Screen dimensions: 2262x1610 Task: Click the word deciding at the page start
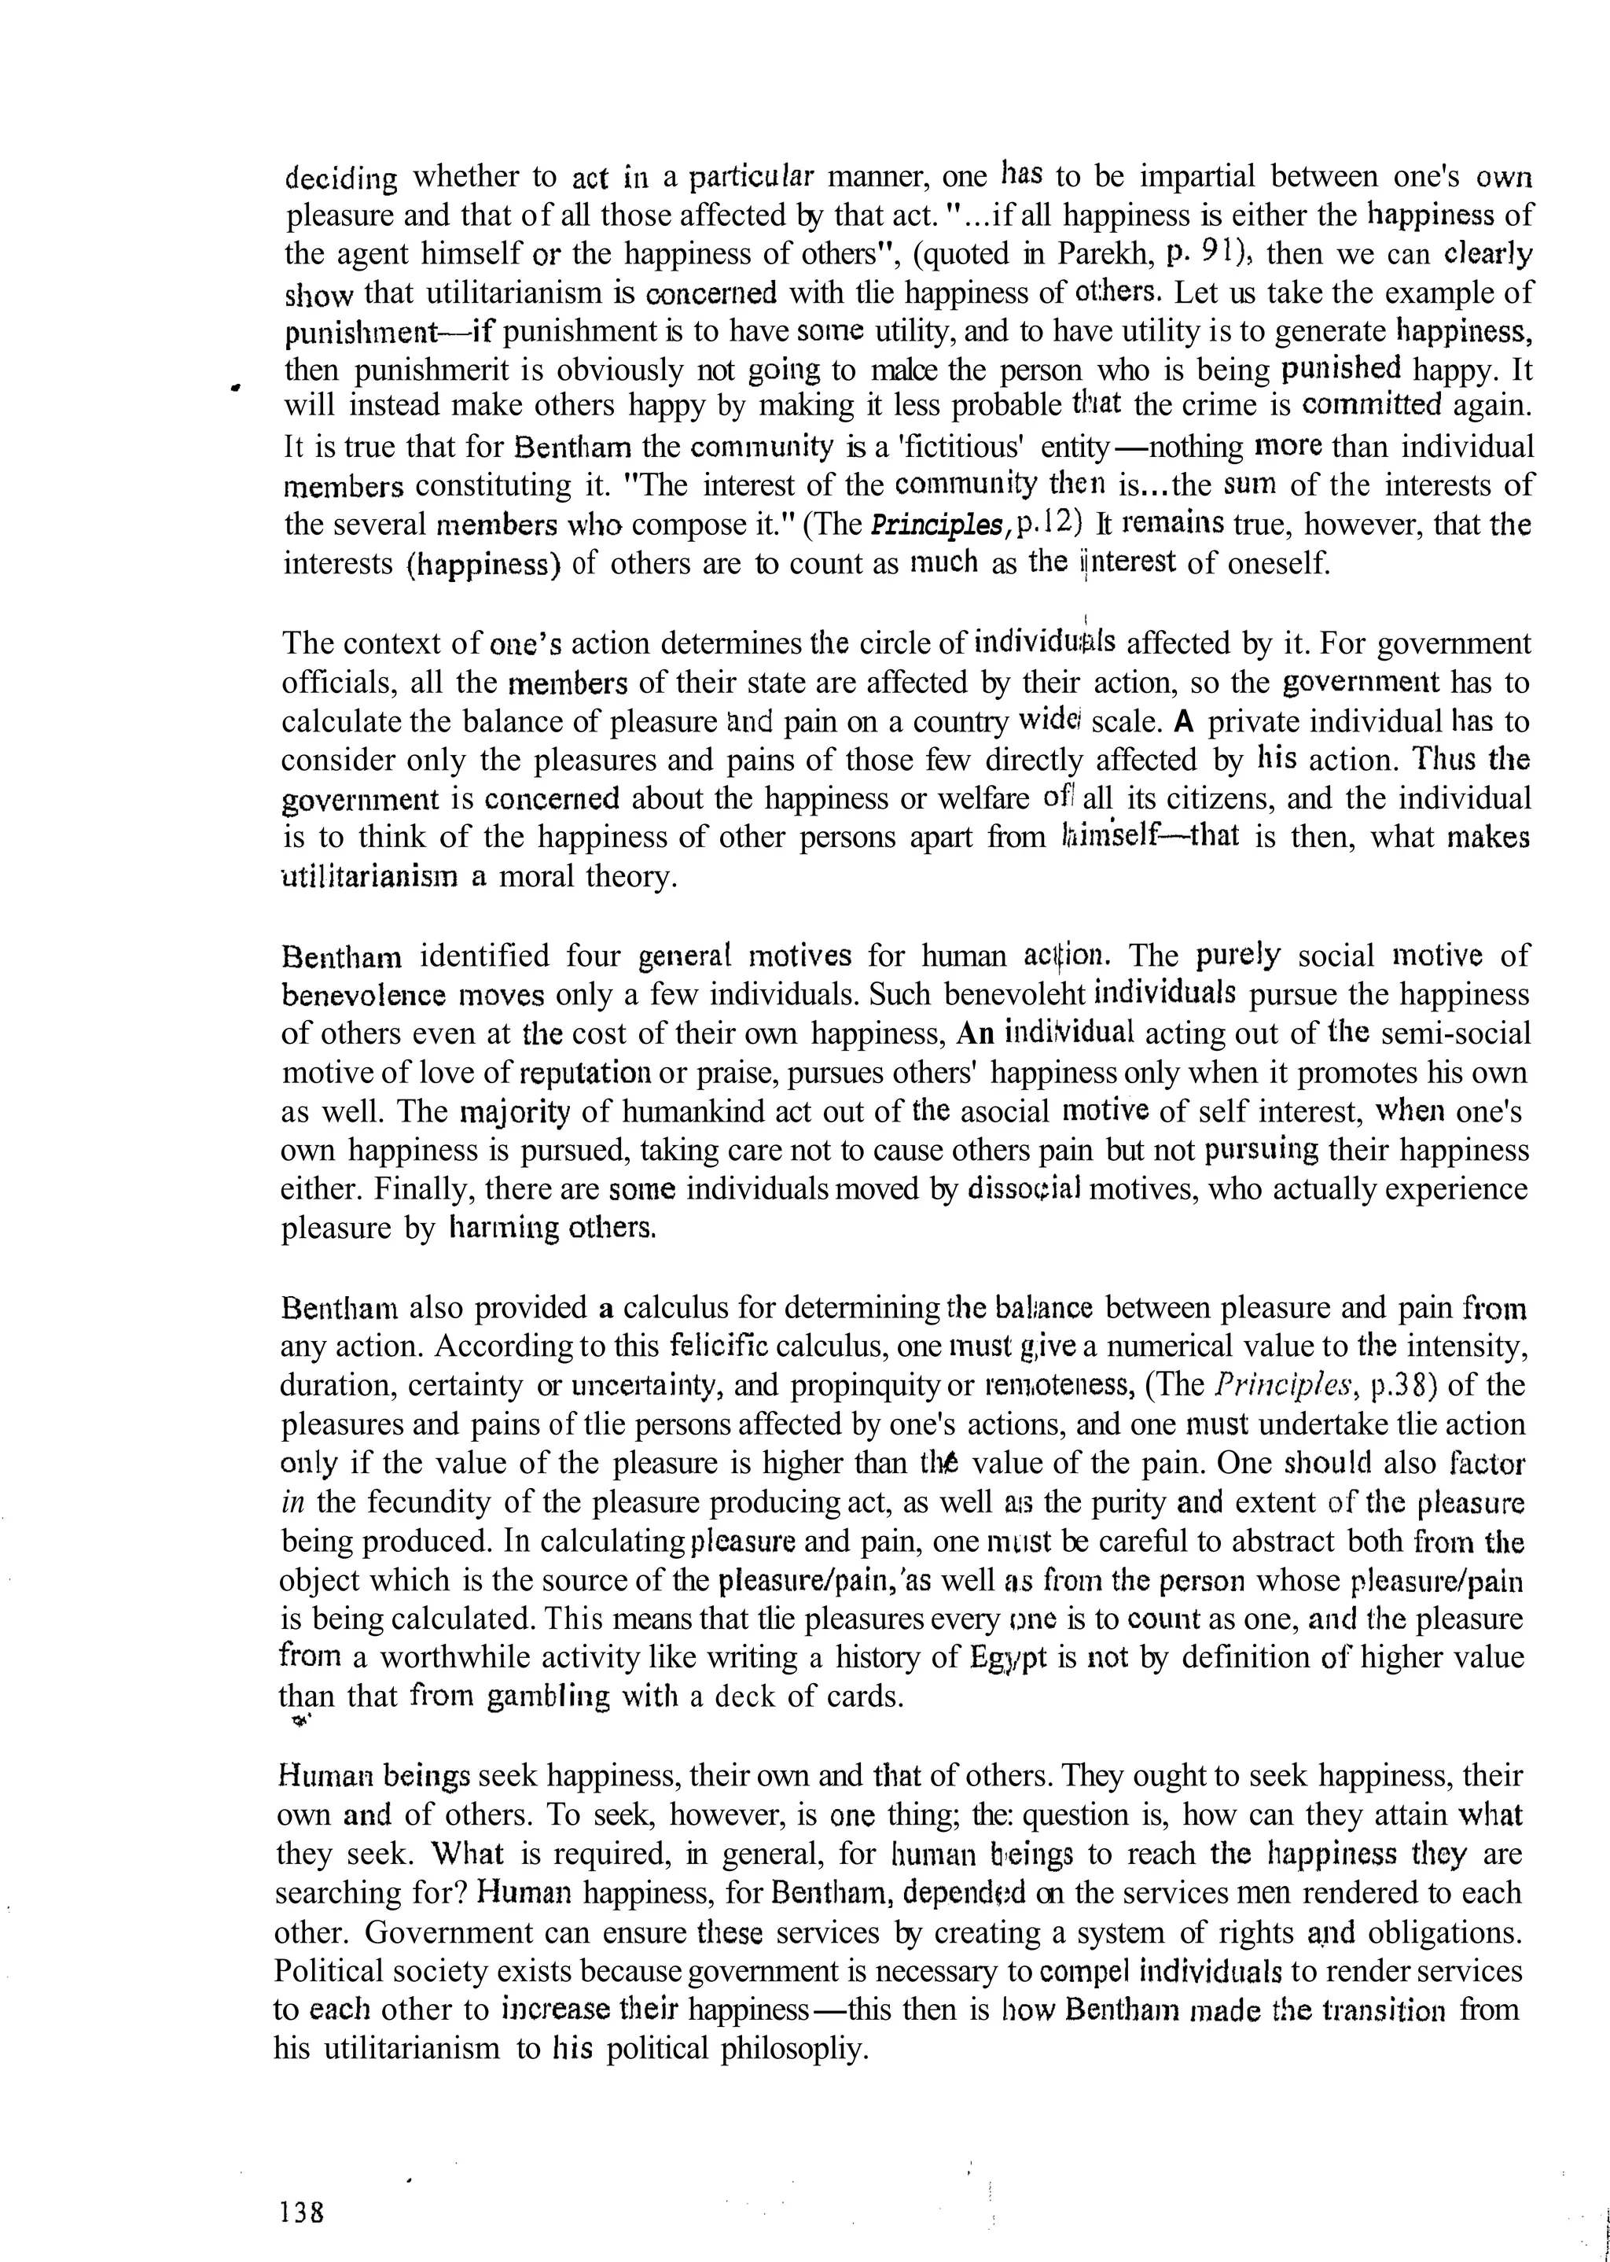pos(340,179)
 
